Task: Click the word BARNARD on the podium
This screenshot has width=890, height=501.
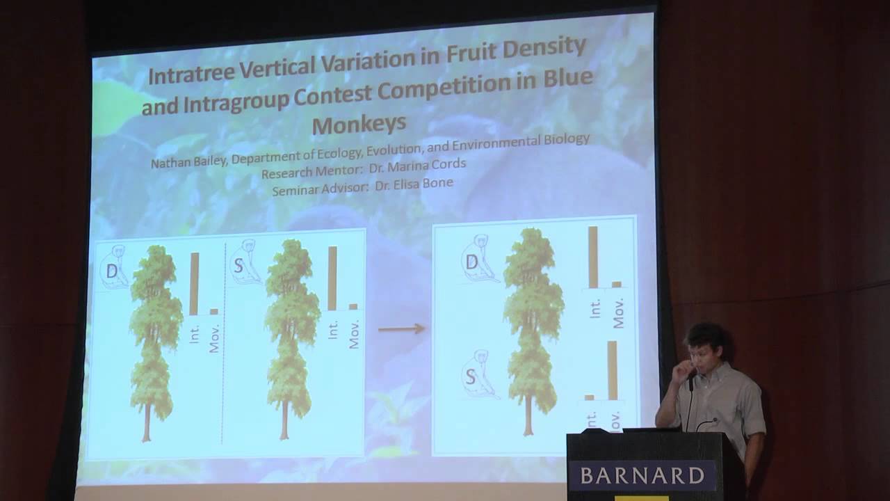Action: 640,476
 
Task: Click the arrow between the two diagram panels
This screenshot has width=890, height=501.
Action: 401,328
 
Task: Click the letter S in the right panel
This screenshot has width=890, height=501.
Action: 471,377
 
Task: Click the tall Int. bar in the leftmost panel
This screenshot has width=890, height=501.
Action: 194,284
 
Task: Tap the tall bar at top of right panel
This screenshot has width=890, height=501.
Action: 593,257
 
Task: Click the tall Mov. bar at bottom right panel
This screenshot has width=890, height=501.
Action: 612,370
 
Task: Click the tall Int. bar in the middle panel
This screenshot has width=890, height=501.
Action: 332,278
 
